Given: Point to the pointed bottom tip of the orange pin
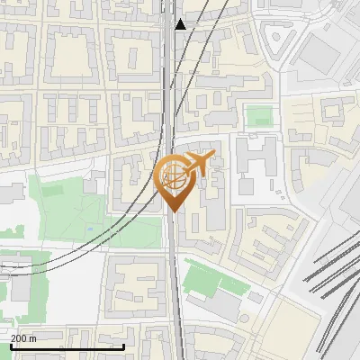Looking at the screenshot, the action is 173,211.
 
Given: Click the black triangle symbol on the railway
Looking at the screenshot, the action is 181,24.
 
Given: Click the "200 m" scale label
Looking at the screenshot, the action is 25,338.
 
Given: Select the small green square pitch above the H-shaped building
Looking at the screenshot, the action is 259,116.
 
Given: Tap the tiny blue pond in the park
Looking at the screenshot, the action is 90,228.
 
